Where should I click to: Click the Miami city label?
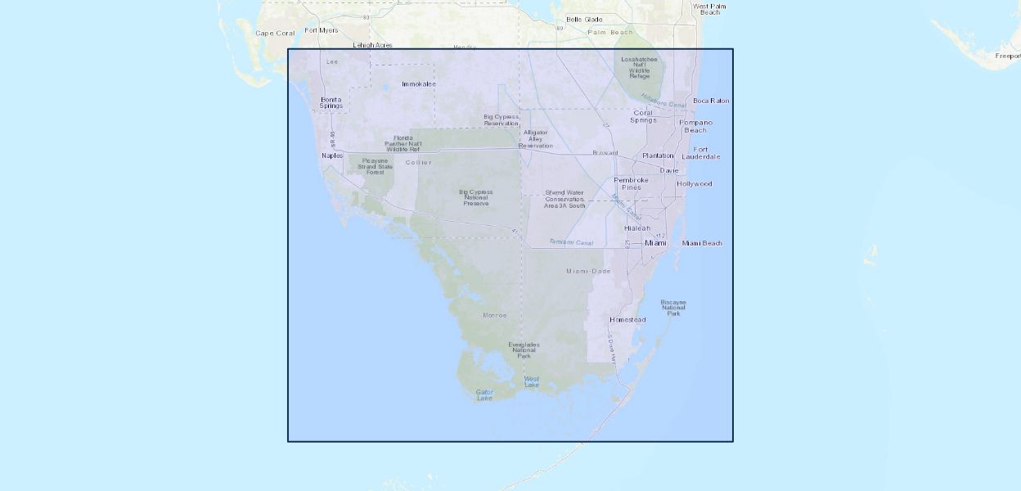(656, 243)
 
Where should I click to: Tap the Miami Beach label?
(702, 243)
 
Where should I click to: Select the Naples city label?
(332, 155)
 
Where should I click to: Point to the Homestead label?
(627, 319)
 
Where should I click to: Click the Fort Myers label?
(322, 30)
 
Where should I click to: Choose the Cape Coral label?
(275, 34)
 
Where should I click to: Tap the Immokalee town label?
(419, 83)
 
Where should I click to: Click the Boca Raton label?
(711, 101)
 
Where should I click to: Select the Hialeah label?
(637, 227)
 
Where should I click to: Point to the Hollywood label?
(695, 183)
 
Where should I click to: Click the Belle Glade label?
(584, 19)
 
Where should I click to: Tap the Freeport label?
(1008, 56)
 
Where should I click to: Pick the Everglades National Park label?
(524, 350)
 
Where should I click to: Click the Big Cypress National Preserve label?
(476, 197)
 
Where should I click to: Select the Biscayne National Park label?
(673, 307)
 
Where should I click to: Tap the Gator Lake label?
(484, 395)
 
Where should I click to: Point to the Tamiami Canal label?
(570, 242)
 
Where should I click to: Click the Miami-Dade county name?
(588, 271)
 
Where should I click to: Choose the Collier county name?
(418, 162)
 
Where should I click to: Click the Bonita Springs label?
(331, 102)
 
